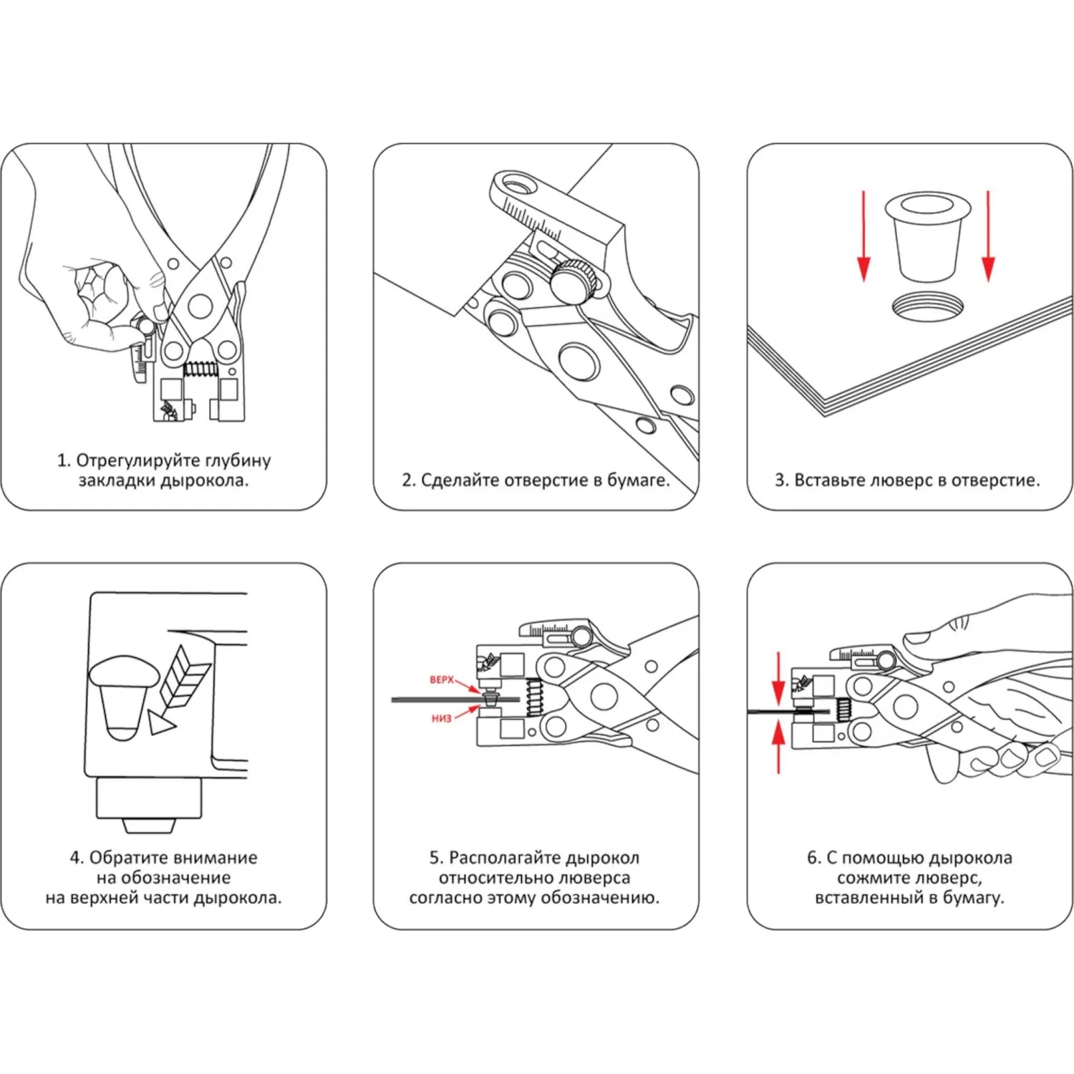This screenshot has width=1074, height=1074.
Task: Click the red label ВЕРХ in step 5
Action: coord(442,679)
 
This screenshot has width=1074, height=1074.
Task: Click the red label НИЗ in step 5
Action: coord(441,718)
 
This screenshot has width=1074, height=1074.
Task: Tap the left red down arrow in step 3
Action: coord(863,236)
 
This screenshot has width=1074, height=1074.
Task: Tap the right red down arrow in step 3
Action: coord(988,236)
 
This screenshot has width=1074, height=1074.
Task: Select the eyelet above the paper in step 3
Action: coord(927,236)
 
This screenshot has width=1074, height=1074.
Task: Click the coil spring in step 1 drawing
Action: coord(200,369)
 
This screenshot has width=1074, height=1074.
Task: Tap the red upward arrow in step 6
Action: coord(778,746)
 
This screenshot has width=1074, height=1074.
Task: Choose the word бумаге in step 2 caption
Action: coord(638,480)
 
